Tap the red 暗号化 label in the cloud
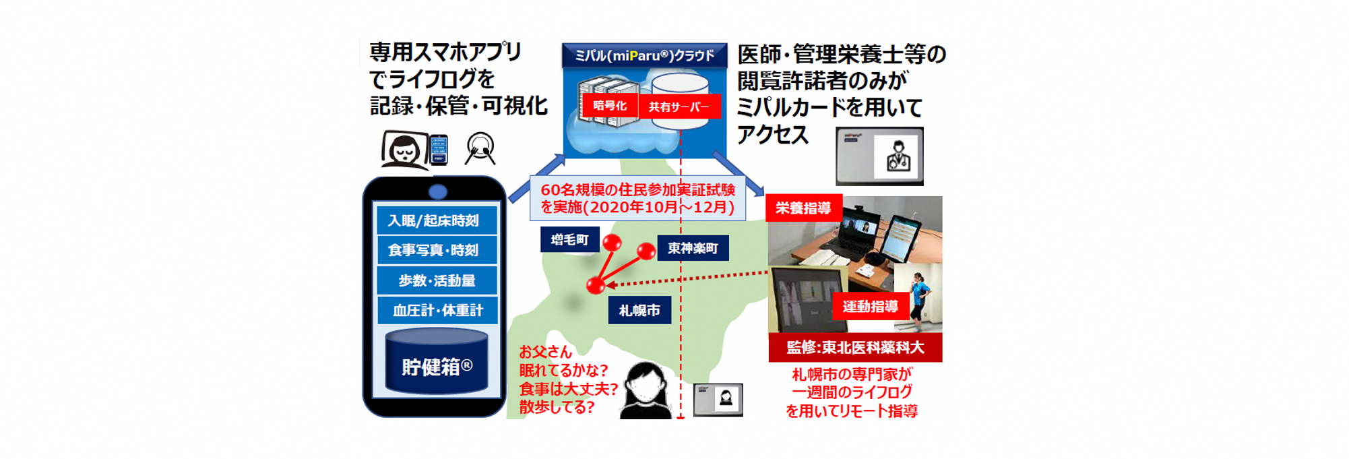click(609, 106)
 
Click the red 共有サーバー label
click(679, 106)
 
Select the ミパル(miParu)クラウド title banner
click(644, 55)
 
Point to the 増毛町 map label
click(569, 239)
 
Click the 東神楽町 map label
click(693, 248)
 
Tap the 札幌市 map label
click(639, 310)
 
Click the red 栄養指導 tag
click(803, 208)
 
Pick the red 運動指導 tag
click(870, 307)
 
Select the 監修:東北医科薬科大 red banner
click(855, 347)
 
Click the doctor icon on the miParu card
click(898, 156)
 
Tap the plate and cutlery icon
click(480, 149)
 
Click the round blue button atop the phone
click(438, 192)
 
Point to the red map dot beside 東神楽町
click(646, 251)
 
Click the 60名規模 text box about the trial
click(637, 198)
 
